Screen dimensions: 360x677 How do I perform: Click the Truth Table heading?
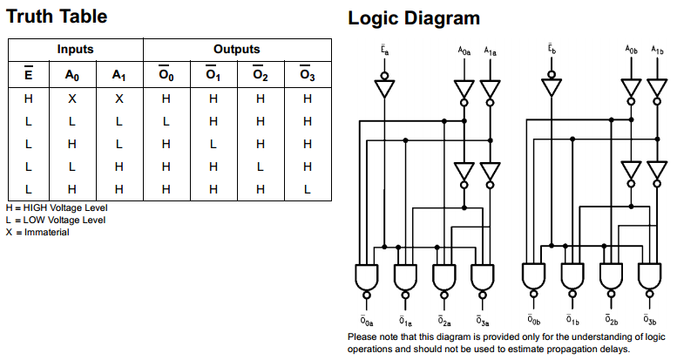point(58,17)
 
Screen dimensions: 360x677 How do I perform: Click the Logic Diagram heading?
point(413,17)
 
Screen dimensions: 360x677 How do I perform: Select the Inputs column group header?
point(75,50)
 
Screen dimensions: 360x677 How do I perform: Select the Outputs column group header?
point(236,50)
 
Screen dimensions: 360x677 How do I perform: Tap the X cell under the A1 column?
point(119,98)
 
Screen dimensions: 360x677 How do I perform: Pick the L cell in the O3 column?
point(307,188)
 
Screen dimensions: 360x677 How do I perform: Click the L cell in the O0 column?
point(166,121)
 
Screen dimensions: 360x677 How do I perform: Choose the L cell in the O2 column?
point(260,166)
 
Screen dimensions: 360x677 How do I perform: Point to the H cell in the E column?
point(29,98)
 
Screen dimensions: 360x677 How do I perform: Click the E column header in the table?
point(29,75)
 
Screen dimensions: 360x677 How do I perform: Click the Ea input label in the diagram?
point(383,51)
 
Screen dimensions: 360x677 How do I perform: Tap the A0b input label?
point(631,51)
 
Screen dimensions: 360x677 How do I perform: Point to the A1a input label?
point(491,51)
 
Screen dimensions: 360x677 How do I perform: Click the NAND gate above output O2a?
point(444,277)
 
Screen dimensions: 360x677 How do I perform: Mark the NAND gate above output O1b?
point(572,277)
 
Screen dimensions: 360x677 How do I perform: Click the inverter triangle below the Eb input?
point(551,88)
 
